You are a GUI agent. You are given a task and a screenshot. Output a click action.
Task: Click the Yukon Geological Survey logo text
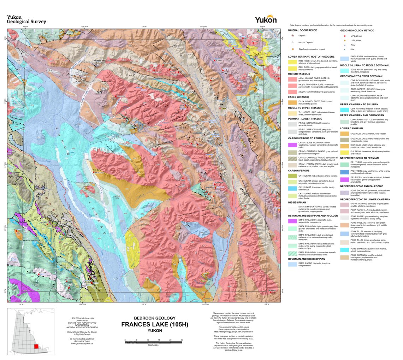tap(26, 19)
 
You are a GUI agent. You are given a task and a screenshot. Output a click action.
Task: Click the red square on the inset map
tap(36, 346)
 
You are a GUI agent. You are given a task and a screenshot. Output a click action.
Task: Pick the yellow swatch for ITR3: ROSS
tap(292, 62)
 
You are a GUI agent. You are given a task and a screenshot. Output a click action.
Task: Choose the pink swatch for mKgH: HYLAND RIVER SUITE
tap(292, 79)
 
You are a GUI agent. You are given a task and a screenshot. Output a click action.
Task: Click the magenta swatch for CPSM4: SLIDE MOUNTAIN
tap(292, 145)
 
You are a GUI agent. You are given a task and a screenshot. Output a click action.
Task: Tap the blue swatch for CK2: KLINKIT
tap(292, 188)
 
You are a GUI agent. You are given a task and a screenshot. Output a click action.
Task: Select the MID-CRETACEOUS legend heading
tap(301, 73)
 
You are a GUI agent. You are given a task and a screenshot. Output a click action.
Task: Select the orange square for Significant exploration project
tap(292, 49)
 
